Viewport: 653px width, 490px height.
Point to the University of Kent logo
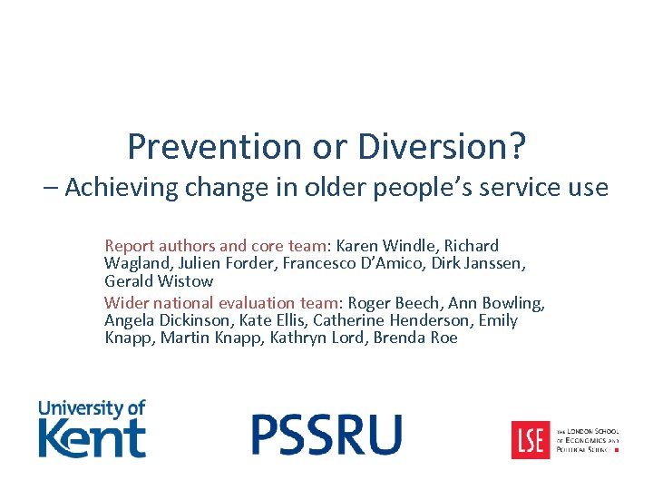[x=92, y=428]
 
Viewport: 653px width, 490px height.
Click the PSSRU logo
[x=326, y=434]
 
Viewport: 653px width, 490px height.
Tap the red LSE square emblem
[x=530, y=439]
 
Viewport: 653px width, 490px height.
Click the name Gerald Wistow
[x=159, y=280]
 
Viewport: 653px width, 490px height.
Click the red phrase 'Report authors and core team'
[x=216, y=246]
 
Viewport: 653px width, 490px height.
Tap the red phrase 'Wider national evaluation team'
[x=220, y=303]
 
